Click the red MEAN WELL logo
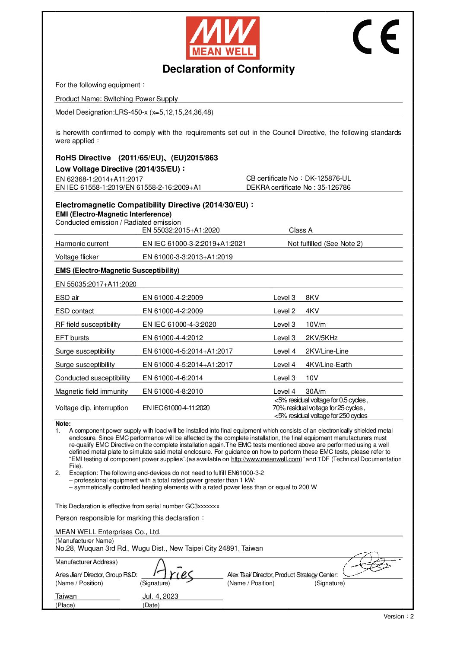tap(222, 38)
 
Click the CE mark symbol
tap(376, 37)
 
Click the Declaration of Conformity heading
tap(228, 69)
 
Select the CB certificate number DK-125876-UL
tap(328, 178)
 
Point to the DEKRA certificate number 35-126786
tap(334, 187)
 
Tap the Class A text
tap(301, 230)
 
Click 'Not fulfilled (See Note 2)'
tap(325, 243)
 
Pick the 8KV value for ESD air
tap(312, 297)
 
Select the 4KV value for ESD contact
tap(312, 311)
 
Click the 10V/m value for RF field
tap(316, 324)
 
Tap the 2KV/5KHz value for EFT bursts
tap(321, 338)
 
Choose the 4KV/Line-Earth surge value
tap(329, 364)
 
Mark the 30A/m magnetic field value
tap(316, 391)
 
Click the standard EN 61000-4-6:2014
tap(172, 378)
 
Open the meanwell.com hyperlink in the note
tap(266, 459)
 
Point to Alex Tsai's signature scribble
tap(370, 564)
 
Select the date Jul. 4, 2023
tap(160, 596)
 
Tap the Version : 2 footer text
tap(398, 616)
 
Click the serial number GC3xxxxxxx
tap(202, 506)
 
